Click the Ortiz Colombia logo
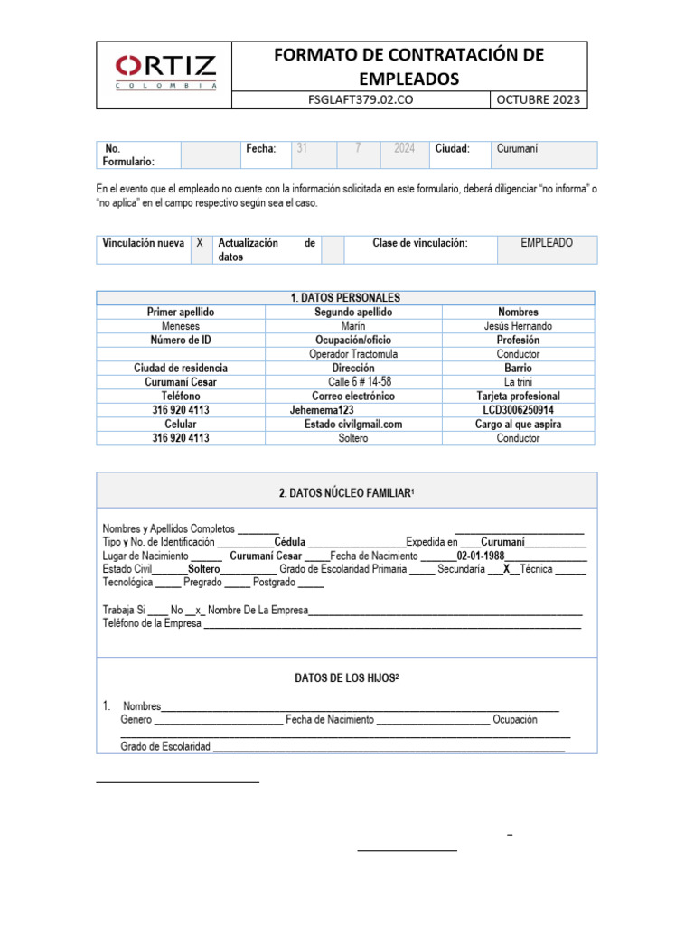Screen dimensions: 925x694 point(165,72)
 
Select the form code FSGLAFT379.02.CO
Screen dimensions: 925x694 point(361,100)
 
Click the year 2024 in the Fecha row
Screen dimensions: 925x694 point(404,149)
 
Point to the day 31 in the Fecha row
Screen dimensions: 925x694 point(303,149)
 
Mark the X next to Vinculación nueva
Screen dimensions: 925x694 point(200,244)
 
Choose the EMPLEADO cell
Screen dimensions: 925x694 point(547,243)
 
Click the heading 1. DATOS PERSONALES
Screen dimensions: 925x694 point(345,298)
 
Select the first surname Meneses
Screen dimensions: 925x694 point(181,326)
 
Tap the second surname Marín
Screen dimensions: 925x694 point(353,326)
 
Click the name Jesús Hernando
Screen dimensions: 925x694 point(518,326)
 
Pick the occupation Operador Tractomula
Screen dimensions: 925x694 point(353,354)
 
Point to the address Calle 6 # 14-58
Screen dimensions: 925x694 point(353,382)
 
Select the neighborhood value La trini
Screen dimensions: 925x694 point(518,382)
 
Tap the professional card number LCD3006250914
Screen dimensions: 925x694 point(518,410)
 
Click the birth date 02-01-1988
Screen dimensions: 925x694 point(480,556)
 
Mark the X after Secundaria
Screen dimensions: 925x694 point(507,570)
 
